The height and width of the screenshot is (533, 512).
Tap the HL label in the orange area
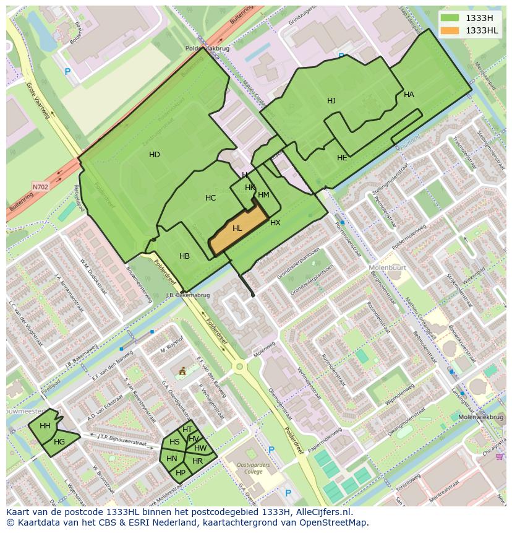pyautogui.click(x=237, y=228)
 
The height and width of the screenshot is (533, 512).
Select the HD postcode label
pyautogui.click(x=155, y=155)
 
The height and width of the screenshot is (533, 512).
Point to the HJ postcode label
pyautogui.click(x=331, y=101)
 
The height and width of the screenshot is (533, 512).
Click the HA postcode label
pyautogui.click(x=409, y=95)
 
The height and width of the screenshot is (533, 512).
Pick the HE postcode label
pyautogui.click(x=342, y=158)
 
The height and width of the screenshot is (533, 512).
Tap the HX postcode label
pyautogui.click(x=275, y=223)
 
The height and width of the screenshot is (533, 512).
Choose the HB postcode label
pyautogui.click(x=184, y=256)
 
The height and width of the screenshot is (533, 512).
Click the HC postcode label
pyautogui.click(x=211, y=198)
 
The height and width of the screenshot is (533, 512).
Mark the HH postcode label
pyautogui.click(x=45, y=426)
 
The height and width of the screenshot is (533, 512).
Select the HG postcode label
pyautogui.click(x=59, y=442)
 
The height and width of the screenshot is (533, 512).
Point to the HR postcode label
pyautogui.click(x=197, y=461)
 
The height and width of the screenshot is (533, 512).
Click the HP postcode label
pyautogui.click(x=181, y=472)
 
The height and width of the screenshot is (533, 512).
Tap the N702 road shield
pyautogui.click(x=40, y=186)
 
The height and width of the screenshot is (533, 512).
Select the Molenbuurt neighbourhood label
pyautogui.click(x=386, y=267)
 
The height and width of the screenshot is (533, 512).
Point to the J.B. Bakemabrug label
pyautogui.click(x=188, y=295)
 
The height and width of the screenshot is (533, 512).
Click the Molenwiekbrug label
pyautogui.click(x=481, y=417)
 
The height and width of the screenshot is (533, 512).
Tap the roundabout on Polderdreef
pyautogui.click(x=239, y=366)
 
